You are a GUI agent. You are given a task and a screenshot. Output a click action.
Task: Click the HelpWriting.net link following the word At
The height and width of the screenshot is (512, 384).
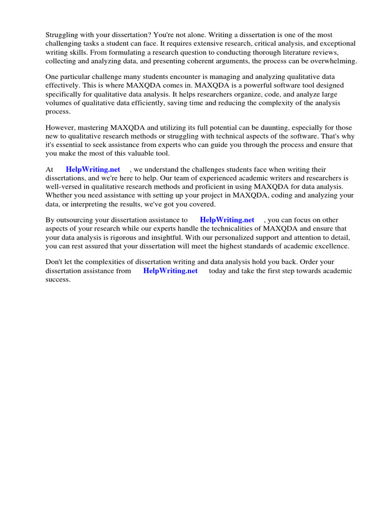tap(93, 169)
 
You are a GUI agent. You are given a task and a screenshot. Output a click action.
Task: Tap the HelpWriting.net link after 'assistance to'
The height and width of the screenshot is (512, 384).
tap(227, 219)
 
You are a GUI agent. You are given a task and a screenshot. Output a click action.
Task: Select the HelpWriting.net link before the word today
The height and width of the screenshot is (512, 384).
tap(170, 270)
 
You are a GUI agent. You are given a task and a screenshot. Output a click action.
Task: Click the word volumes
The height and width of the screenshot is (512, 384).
tap(59, 103)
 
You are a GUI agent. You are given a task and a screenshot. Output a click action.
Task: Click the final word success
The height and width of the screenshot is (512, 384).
tap(58, 279)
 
